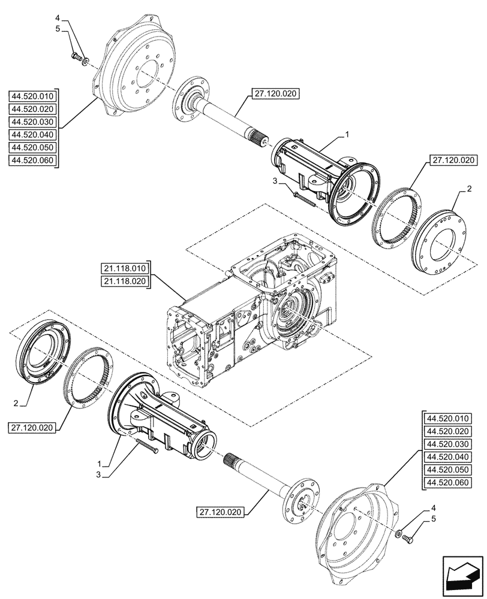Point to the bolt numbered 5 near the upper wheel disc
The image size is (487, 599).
coord(76,57)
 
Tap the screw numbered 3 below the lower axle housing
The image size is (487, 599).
coord(147,446)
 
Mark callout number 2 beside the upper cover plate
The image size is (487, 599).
coord(468,189)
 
